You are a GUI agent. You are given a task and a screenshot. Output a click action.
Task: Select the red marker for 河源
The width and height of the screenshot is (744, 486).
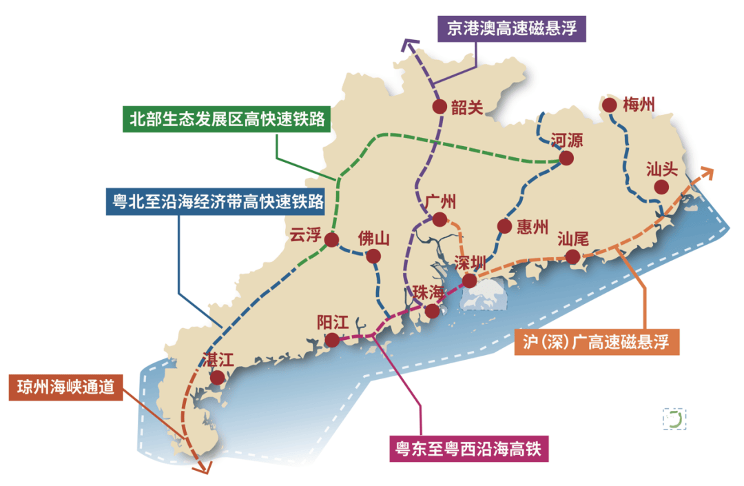click(566, 158)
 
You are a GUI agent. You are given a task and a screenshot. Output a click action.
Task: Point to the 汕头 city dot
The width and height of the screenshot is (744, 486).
click(661, 187)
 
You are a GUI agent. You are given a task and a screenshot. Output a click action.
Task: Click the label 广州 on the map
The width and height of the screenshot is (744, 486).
click(440, 202)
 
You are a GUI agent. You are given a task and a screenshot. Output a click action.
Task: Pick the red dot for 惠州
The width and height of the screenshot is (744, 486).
click(504, 226)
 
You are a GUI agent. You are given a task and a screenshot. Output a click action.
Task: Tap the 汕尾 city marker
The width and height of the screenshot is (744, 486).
click(572, 257)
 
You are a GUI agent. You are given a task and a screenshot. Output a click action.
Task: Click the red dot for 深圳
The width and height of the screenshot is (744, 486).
click(468, 281)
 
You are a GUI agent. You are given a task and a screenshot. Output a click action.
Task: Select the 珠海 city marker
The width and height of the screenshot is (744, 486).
click(432, 311)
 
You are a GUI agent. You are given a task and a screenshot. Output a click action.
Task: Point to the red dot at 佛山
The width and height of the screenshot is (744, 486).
click(373, 256)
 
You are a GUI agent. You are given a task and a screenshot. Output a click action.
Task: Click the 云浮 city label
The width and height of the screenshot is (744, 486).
click(306, 235)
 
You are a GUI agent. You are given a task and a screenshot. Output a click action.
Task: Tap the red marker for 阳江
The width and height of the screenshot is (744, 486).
click(332, 339)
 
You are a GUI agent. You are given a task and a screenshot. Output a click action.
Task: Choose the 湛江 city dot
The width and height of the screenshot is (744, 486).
click(218, 377)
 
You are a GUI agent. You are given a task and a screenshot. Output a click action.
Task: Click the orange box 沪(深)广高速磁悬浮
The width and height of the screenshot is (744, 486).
click(597, 341)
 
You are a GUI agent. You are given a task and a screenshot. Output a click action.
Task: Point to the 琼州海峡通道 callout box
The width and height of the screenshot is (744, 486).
click(66, 387)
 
